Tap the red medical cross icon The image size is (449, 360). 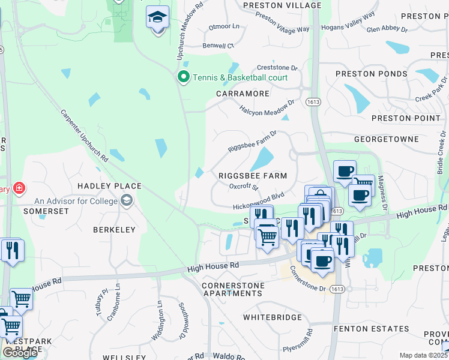point(19,189)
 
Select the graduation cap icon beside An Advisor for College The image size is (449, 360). point(126,201)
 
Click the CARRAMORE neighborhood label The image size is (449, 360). point(243,94)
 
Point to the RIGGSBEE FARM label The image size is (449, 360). point(252,176)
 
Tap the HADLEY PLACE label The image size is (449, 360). point(110,187)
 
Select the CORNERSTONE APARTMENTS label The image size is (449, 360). point(232,289)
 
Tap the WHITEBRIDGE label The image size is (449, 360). point(271,316)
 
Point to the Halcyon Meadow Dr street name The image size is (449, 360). point(268,104)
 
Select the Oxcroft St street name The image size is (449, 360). point(244,187)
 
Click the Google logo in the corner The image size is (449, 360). point(20,352)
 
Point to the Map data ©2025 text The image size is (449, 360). point(423,355)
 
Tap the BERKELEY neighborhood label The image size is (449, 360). point(114,230)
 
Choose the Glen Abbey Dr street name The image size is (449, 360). point(387,29)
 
